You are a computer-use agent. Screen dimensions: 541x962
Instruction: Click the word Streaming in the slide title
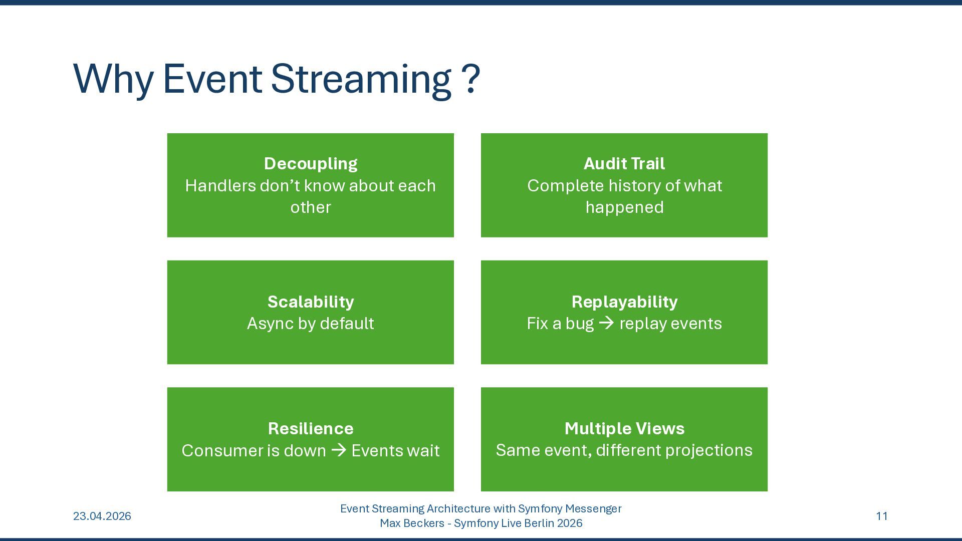(361, 79)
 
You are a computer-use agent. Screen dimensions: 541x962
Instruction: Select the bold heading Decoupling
(311, 163)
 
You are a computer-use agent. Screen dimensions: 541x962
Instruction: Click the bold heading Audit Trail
(624, 163)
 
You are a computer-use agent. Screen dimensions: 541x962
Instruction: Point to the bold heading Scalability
(311, 302)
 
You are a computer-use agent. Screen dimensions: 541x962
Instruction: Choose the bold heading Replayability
(624, 302)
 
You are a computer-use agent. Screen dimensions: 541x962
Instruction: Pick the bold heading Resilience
(311, 428)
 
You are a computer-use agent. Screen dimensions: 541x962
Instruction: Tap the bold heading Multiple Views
(624, 428)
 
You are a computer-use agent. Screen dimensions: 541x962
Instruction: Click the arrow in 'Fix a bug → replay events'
(606, 323)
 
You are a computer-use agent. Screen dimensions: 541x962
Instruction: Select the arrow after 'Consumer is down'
(339, 450)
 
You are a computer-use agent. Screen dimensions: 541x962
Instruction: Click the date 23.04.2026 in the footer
(102, 516)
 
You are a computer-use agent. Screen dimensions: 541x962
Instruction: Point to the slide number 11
(882, 516)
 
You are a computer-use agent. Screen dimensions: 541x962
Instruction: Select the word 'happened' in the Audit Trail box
(624, 207)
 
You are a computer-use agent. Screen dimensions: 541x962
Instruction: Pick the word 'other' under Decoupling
(311, 207)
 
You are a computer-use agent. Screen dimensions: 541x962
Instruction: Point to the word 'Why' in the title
(113, 79)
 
